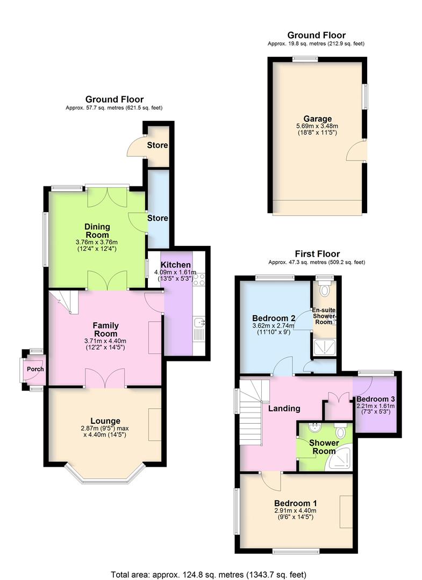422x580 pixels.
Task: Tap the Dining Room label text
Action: [x=97, y=230]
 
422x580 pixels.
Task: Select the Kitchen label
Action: [x=176, y=265]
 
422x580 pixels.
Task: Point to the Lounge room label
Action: [x=105, y=421]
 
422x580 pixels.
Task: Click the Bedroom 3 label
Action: [x=375, y=400]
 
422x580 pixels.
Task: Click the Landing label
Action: [x=284, y=408]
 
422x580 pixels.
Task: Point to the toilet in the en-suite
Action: [x=324, y=291]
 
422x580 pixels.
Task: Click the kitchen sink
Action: [x=199, y=323]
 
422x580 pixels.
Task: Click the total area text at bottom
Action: [x=211, y=572]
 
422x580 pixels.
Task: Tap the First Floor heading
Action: [x=317, y=253]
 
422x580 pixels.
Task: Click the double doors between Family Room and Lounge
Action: [x=105, y=378]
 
